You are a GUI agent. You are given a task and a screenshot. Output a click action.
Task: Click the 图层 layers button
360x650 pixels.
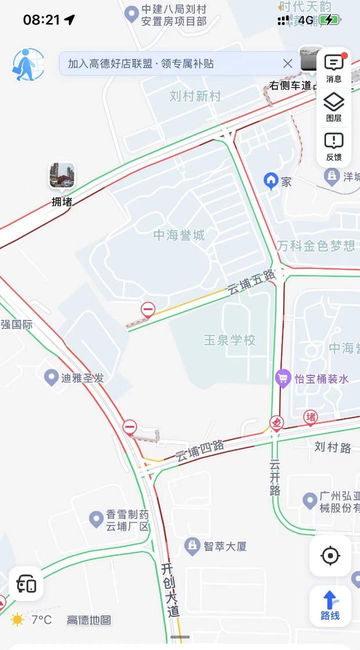333,107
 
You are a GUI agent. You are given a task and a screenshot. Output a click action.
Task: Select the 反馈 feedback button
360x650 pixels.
333,146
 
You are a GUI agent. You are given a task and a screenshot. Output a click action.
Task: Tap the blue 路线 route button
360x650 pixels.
330,605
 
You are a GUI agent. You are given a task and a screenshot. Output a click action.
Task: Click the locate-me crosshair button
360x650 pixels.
330,555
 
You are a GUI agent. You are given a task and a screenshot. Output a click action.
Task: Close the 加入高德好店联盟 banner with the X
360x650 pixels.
287,64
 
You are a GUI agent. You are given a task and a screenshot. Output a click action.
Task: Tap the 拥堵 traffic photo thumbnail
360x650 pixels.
62,175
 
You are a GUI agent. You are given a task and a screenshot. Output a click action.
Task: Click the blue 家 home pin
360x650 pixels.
271,181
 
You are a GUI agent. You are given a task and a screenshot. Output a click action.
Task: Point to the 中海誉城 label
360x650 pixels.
179,235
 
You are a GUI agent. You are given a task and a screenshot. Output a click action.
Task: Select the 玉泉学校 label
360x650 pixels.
229,340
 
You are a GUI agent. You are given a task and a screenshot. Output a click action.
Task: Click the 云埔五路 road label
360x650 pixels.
252,282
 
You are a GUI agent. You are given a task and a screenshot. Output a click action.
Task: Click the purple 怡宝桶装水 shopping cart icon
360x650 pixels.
283,378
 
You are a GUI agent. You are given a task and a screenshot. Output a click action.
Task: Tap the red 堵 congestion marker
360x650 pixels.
310,417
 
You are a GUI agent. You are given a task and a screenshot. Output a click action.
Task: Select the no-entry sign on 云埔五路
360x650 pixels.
148,310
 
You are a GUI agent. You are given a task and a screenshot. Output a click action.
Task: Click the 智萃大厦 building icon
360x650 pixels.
192,546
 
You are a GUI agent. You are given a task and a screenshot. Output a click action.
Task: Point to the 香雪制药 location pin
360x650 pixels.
96,519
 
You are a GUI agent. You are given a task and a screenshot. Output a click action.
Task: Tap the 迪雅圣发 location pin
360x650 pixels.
51,377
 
